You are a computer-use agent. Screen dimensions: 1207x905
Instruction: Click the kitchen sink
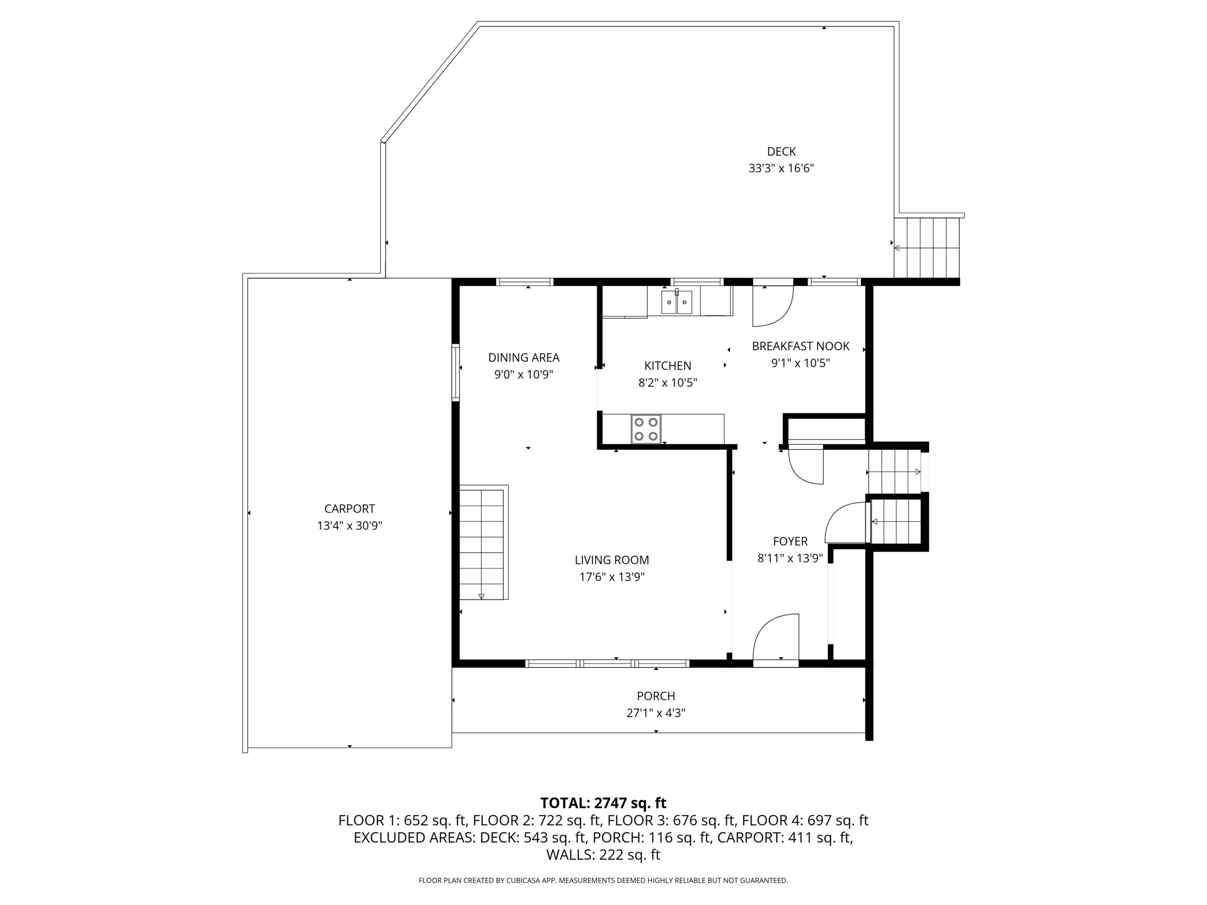click(677, 302)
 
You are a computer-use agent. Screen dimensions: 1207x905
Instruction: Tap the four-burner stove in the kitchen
click(646, 429)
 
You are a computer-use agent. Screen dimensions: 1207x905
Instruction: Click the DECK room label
click(781, 152)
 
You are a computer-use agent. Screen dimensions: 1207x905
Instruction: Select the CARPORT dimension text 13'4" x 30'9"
click(350, 526)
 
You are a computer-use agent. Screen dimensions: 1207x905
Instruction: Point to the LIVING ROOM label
click(612, 559)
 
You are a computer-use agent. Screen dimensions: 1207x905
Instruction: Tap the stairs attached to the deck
click(926, 247)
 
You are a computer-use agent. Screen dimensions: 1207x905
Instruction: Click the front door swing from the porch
click(776, 638)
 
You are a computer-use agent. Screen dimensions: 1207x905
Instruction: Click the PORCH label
click(656, 696)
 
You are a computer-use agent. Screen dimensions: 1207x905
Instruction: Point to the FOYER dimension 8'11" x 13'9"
click(790, 558)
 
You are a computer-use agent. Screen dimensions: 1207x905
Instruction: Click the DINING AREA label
click(524, 358)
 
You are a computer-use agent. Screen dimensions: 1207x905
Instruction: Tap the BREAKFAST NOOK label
click(801, 346)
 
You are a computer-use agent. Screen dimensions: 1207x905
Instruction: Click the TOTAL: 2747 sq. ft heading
click(603, 803)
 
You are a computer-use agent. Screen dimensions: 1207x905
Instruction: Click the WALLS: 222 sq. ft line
click(603, 855)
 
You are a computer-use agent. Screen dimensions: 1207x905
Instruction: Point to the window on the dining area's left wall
click(455, 372)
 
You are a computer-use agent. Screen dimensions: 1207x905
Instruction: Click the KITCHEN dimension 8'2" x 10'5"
click(668, 383)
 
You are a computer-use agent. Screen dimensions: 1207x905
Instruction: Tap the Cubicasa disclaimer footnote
click(603, 880)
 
